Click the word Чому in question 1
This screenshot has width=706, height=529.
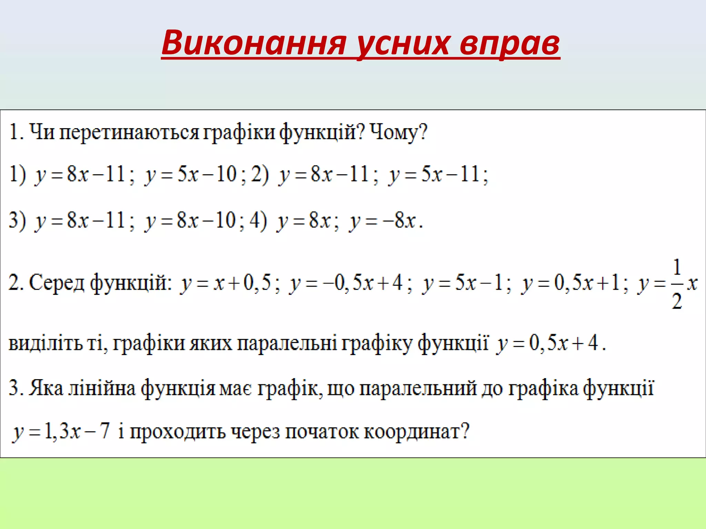tap(395, 132)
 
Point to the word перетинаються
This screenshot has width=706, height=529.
tap(129, 132)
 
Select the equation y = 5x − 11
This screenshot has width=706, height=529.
tap(438, 174)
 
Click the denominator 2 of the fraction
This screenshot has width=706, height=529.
tap(677, 301)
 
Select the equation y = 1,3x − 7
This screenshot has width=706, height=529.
tap(61, 431)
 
